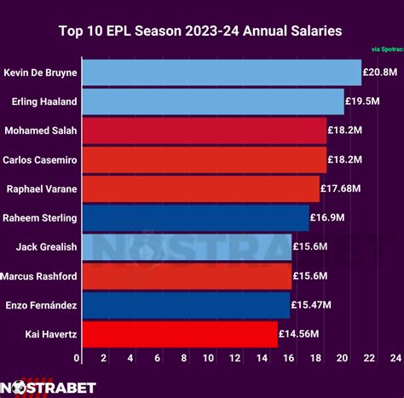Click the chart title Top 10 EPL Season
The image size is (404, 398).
point(201,32)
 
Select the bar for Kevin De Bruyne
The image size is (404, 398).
point(220,72)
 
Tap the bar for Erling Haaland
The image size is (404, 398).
point(211,101)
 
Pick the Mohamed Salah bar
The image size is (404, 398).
point(203,130)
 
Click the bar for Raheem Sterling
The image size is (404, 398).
point(194,217)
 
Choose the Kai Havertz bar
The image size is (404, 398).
point(178,333)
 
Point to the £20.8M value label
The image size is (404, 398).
point(379,72)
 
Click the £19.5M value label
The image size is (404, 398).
point(362,101)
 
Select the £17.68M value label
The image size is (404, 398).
point(340,188)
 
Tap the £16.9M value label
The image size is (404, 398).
point(327,217)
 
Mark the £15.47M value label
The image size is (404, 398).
point(310,304)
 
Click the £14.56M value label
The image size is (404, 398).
point(298,333)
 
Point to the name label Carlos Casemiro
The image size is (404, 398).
point(40,159)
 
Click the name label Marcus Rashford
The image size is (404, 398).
point(39,275)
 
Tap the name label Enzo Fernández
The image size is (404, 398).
point(41,304)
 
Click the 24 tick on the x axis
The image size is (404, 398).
point(395,358)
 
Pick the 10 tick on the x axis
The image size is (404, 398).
point(210,358)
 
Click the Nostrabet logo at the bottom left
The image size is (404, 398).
point(49,387)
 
